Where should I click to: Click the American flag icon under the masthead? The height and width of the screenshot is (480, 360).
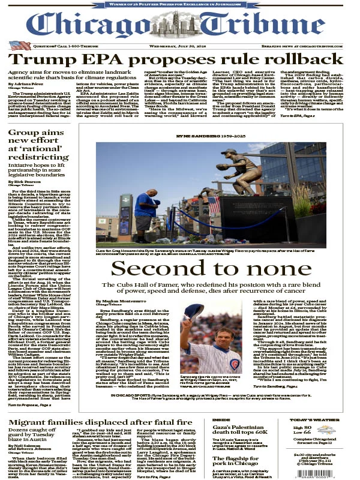[x=17, y=45]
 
